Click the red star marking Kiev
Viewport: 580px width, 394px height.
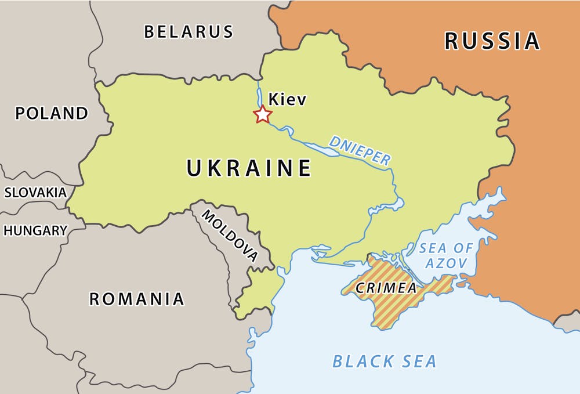(263, 114)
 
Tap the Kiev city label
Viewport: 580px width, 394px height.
(287, 100)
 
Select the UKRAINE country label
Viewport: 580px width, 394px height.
(249, 168)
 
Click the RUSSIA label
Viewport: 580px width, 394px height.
(492, 41)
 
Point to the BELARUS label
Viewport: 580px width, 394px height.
(188, 31)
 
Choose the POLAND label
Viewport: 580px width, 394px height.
(52, 113)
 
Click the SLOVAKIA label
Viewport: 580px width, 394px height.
(35, 193)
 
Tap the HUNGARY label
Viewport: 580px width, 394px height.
(35, 230)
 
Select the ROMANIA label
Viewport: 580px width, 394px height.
(136, 299)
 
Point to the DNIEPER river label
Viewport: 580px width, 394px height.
(360, 150)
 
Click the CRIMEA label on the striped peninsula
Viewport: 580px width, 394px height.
(386, 288)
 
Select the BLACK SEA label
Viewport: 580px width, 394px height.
(384, 362)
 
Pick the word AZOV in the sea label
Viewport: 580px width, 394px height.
(446, 263)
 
